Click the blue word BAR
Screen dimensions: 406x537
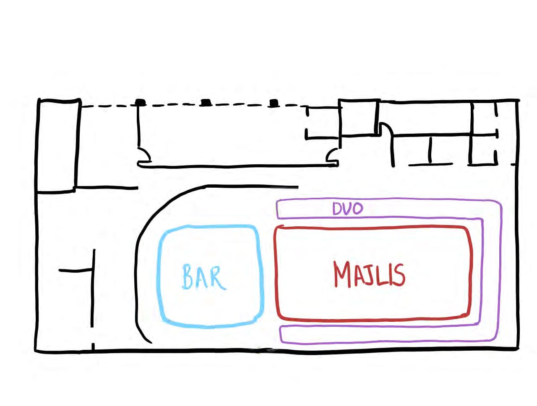[204, 277]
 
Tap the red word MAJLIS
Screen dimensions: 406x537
[369, 274]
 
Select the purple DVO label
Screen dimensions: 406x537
[347, 209]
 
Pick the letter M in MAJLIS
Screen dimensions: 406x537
[343, 274]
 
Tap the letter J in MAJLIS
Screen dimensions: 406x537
[372, 274]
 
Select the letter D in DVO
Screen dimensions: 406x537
[337, 209]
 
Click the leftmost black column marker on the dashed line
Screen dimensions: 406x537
[141, 102]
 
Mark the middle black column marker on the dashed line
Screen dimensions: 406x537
[205, 102]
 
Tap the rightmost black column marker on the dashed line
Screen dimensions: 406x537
[274, 103]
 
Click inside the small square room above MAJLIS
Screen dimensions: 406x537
[359, 118]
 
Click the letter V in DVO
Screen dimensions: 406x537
[347, 209]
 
